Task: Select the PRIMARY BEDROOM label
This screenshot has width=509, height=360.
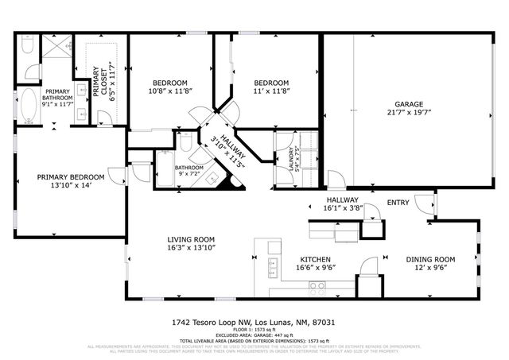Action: pos(70,176)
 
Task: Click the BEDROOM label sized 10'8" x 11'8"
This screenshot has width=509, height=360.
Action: pos(169,83)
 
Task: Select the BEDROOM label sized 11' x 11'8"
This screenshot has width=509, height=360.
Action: pos(271,83)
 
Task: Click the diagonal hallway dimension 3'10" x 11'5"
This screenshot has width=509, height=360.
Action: pos(223,153)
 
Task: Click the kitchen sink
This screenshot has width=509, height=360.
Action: pos(273,267)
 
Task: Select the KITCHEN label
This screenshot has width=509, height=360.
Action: pos(315,259)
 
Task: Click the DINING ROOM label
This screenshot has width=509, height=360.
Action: pos(430,259)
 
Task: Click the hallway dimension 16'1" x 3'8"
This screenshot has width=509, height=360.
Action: pos(344,208)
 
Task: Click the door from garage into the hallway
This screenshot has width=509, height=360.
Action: pos(335,178)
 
